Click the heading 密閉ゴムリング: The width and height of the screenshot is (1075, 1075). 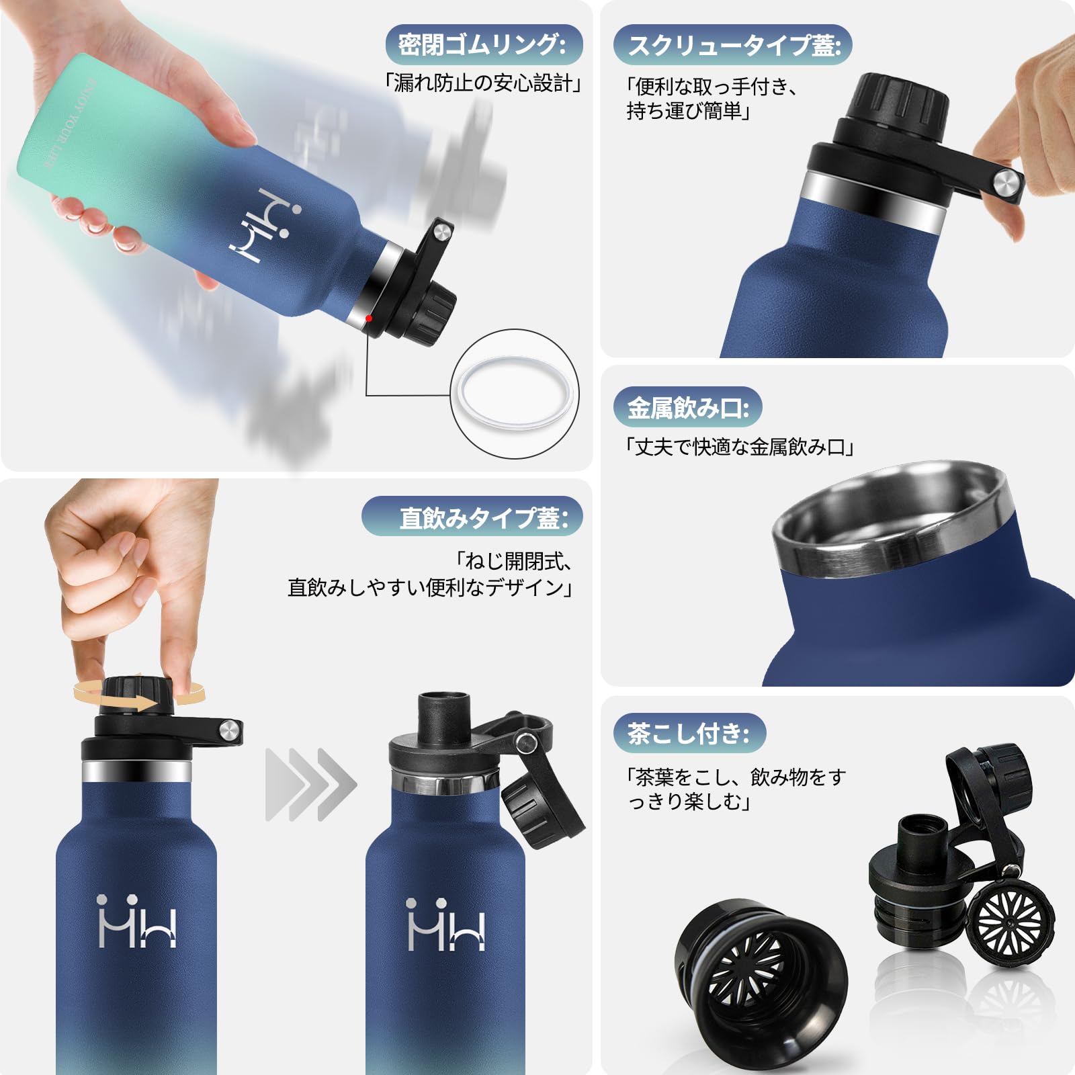482,46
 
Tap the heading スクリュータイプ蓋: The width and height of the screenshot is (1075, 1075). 732,46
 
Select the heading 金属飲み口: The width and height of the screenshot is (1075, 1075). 687,407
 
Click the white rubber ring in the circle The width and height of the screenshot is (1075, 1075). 515,394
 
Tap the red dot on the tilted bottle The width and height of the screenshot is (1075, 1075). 368,318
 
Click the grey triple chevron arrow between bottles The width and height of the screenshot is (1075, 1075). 310,784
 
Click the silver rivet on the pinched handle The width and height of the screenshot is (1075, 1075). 1006,181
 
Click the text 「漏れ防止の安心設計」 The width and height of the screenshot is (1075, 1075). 482,83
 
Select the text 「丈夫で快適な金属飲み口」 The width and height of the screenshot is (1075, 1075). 739,447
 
